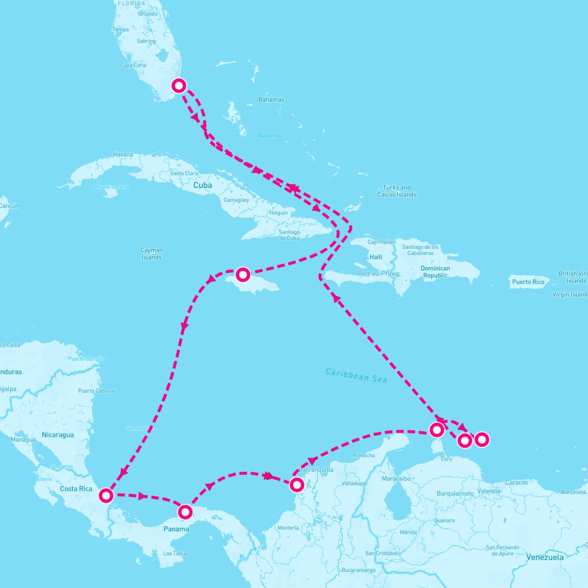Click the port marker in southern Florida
pyautogui.click(x=179, y=86)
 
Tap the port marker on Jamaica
pyautogui.click(x=243, y=274)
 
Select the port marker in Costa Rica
pyautogui.click(x=106, y=495)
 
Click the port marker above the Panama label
pyautogui.click(x=185, y=512)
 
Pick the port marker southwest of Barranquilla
pyautogui.click(x=296, y=485)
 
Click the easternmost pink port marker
pyautogui.click(x=482, y=440)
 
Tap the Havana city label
pyautogui.click(x=123, y=154)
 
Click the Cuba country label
pyautogui.click(x=202, y=185)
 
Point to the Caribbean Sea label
pyautogui.click(x=356, y=375)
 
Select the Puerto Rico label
pyautogui.click(x=528, y=282)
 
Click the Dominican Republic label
pyautogui.click(x=435, y=272)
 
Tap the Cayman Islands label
pyautogui.click(x=151, y=254)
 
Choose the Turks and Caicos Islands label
pyautogui.click(x=396, y=191)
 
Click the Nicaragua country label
pyautogui.click(x=58, y=435)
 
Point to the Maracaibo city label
pyautogui.click(x=396, y=478)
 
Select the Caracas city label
pyautogui.click(x=516, y=483)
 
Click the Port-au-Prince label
pyautogui.click(x=378, y=273)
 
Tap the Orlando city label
pyautogui.click(x=148, y=14)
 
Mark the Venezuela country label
pyautogui.click(x=544, y=557)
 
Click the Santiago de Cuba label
pyautogui.click(x=289, y=235)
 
